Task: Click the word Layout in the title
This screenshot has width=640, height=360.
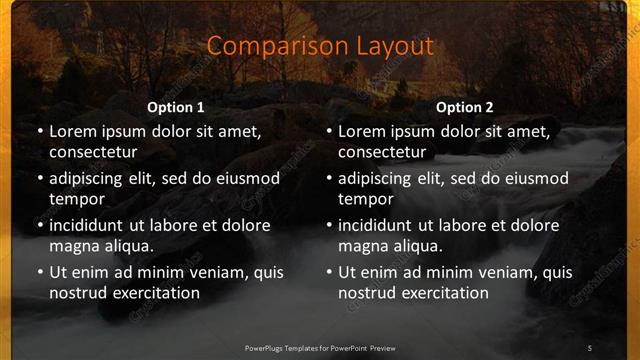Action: [x=390, y=46]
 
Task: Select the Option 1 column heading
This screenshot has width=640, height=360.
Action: [x=176, y=106]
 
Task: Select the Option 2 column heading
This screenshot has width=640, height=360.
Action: [x=465, y=106]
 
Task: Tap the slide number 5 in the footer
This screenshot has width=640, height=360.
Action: [x=590, y=347]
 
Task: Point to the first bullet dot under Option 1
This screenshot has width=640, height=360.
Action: [x=39, y=131]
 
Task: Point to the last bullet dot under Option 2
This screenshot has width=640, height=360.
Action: [x=329, y=272]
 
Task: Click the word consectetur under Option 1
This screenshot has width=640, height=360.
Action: [x=93, y=152]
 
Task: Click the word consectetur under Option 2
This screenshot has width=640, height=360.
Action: [x=383, y=152]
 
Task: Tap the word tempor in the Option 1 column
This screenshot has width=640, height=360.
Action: [x=74, y=199]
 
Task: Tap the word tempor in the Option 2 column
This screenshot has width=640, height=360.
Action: [x=364, y=199]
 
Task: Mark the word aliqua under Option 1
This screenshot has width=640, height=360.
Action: [x=126, y=246]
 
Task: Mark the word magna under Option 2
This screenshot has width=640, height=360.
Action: [x=361, y=246]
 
